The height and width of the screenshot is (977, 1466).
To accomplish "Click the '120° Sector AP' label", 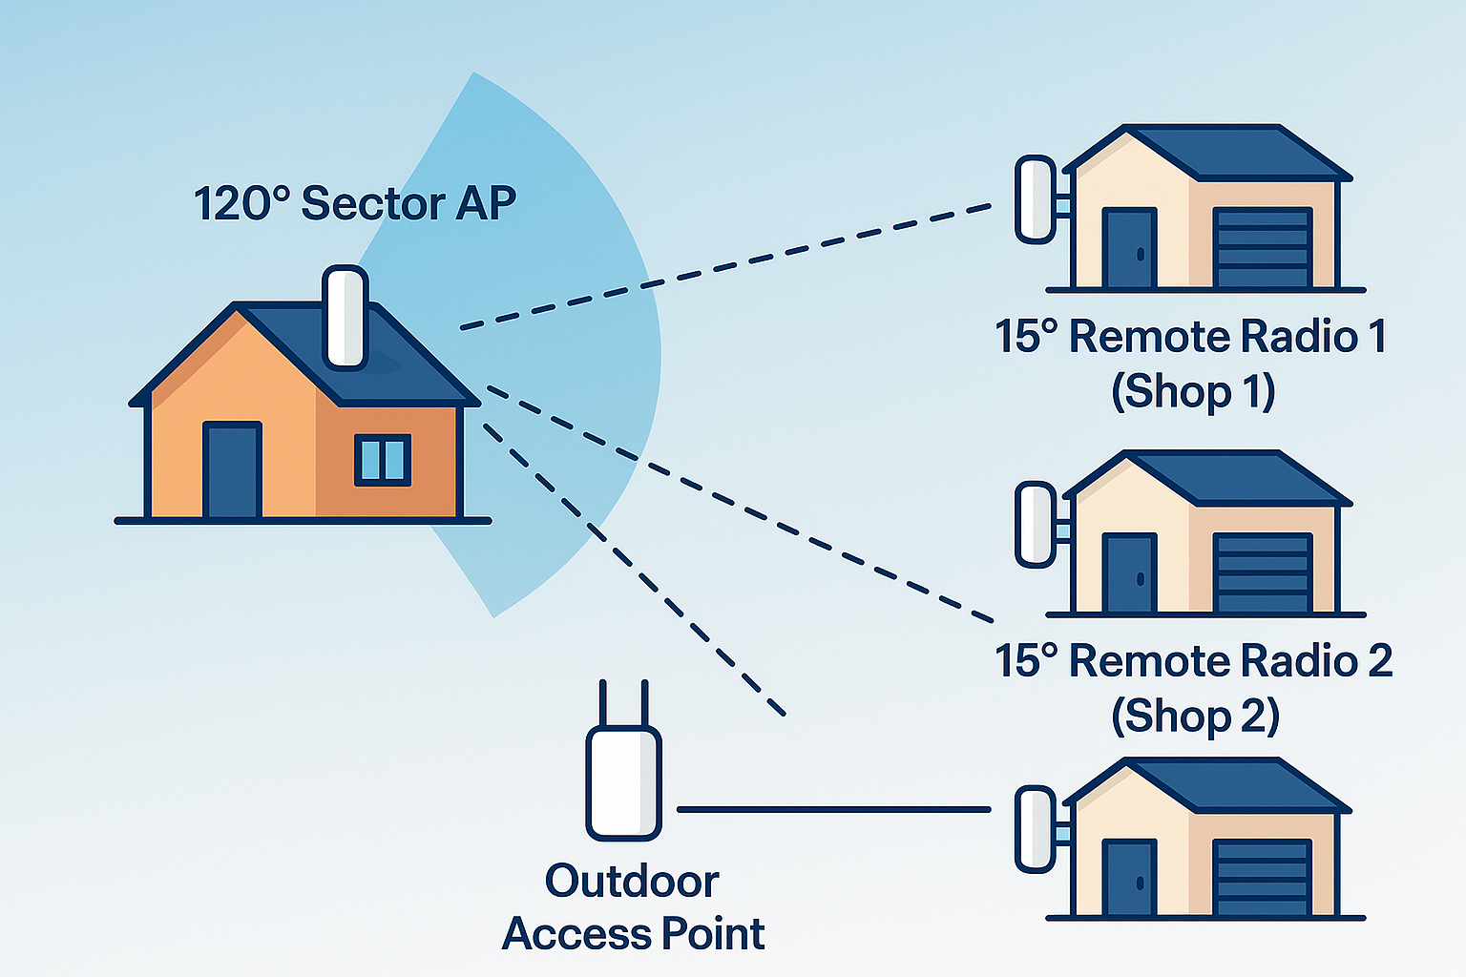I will click(x=355, y=203).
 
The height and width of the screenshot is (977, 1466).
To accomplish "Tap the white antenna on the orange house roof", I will click(x=345, y=318).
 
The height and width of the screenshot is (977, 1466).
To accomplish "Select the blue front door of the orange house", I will click(x=232, y=470).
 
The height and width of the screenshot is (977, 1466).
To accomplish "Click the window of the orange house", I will click(x=383, y=459).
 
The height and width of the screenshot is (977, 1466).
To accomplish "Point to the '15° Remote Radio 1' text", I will click(x=1190, y=337).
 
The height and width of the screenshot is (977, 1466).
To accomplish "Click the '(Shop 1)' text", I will click(x=1193, y=391).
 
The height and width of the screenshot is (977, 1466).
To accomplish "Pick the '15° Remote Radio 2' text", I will click(x=1193, y=661).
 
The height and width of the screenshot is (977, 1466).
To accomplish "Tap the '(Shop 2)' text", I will click(x=1195, y=716).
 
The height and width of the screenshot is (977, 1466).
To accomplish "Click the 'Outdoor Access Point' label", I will click(x=633, y=907).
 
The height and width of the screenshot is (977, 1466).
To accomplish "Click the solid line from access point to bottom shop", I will click(x=833, y=809).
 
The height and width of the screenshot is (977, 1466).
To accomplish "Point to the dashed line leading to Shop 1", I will click(x=725, y=266).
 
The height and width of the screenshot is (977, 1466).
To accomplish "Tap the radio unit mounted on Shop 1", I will click(x=1035, y=199).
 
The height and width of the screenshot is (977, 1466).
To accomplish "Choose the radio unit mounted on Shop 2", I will click(x=1035, y=525).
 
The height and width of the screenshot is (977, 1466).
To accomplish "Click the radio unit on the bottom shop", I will click(x=1035, y=829).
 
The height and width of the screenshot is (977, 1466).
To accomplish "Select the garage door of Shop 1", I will click(x=1262, y=247).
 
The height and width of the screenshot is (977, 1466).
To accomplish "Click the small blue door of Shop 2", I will click(x=1129, y=572).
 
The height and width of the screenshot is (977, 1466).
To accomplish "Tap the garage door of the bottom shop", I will click(x=1262, y=878).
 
